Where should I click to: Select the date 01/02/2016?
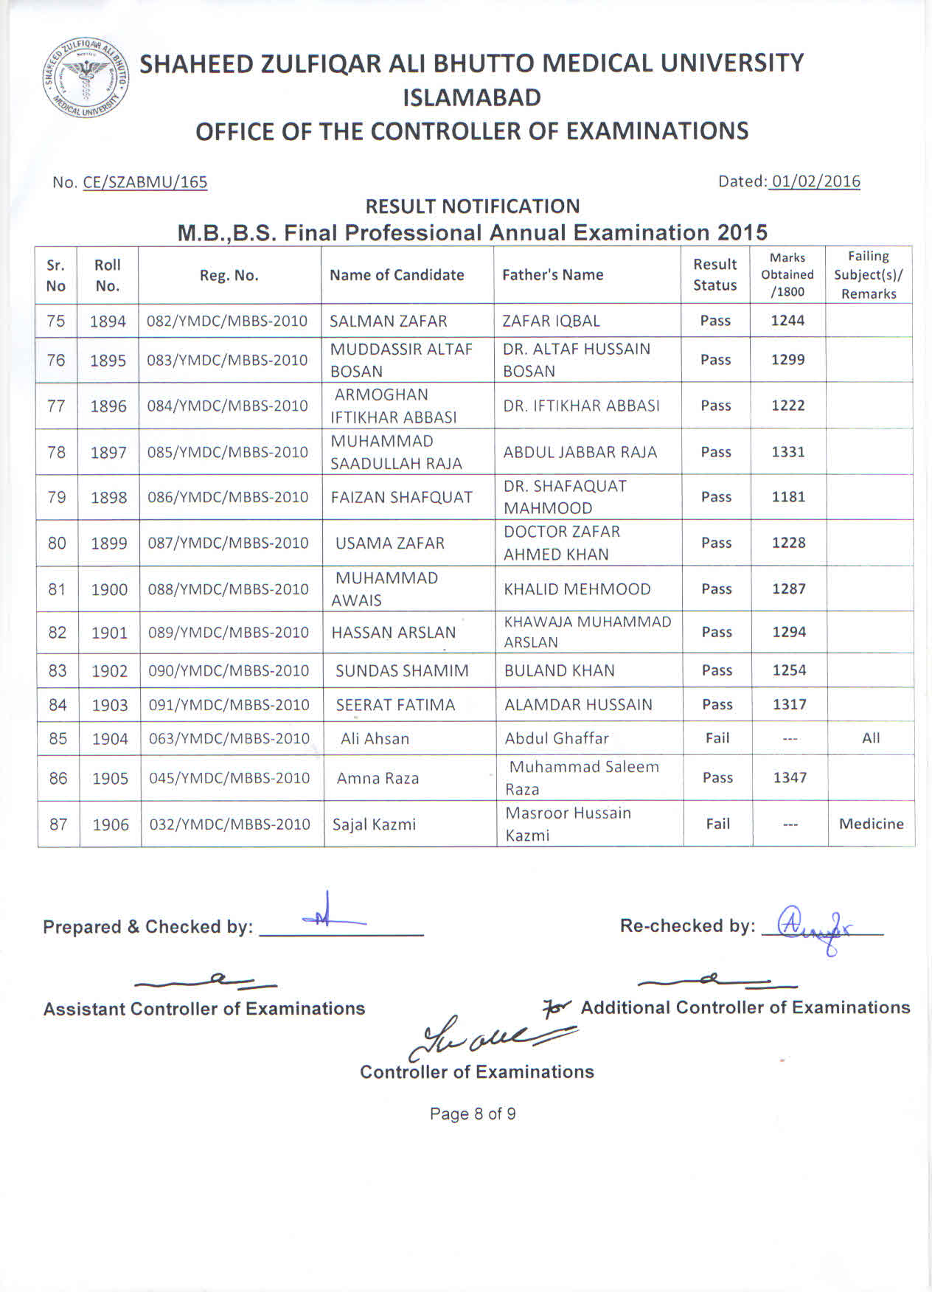(x=813, y=181)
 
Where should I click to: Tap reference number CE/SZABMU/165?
(x=145, y=182)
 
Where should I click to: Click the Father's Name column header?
(x=552, y=275)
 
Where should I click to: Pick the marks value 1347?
(x=790, y=778)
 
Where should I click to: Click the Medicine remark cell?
(x=871, y=824)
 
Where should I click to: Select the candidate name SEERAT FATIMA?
(x=395, y=705)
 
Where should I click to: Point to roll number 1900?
(x=109, y=589)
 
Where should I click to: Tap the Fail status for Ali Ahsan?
(x=717, y=738)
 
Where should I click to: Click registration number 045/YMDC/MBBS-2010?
(x=229, y=778)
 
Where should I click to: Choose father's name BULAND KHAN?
(x=559, y=671)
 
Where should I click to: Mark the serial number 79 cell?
(x=57, y=498)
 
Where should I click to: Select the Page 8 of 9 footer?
(x=472, y=1114)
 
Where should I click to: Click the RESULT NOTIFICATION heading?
(x=472, y=206)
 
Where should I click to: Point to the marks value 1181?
(x=788, y=497)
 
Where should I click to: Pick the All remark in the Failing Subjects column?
(x=870, y=738)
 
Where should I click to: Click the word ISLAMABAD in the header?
(x=472, y=97)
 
